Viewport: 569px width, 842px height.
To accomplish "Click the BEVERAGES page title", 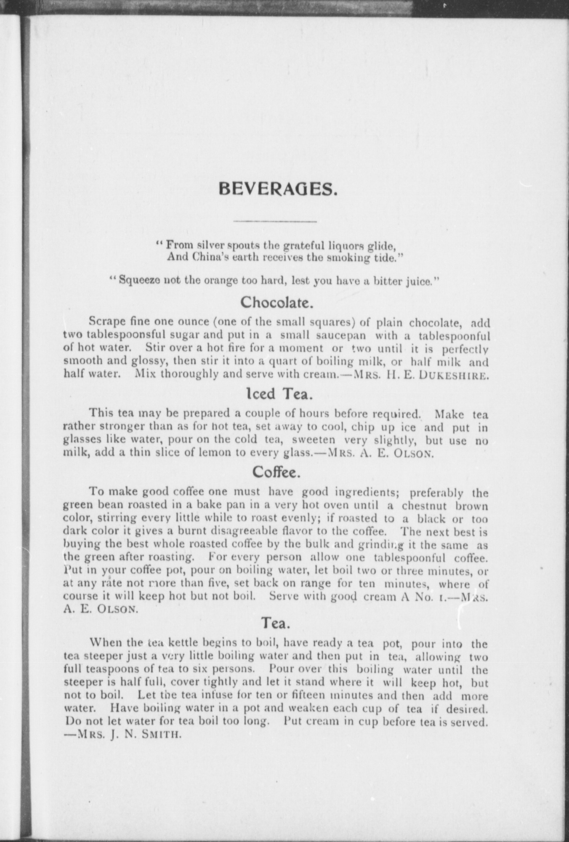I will (x=278, y=189).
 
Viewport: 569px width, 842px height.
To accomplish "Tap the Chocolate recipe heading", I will (x=277, y=302).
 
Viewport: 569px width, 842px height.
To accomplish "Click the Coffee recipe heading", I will (x=276, y=472).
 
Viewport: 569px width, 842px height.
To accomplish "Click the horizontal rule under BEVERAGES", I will (x=274, y=221).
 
